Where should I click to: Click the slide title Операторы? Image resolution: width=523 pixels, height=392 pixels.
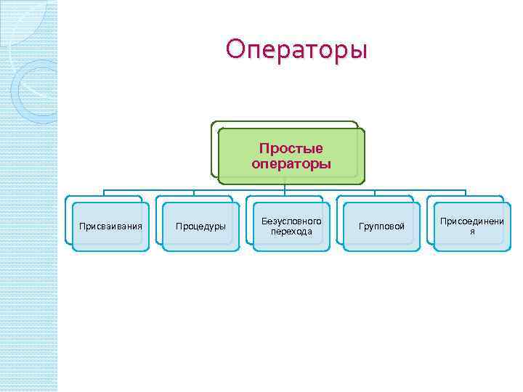(296, 50)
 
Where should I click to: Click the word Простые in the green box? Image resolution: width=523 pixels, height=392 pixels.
(291, 149)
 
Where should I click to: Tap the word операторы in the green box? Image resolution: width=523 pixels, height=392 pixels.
(291, 164)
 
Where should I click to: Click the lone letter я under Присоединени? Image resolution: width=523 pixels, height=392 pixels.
(471, 232)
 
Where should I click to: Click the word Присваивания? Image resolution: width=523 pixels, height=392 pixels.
(110, 226)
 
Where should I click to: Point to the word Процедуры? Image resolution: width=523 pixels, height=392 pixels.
(200, 226)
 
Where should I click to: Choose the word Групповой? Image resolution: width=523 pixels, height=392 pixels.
(381, 226)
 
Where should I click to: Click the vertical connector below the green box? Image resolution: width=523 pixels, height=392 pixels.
(285, 187)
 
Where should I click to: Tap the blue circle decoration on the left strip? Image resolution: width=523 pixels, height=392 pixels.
(33, 91)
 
